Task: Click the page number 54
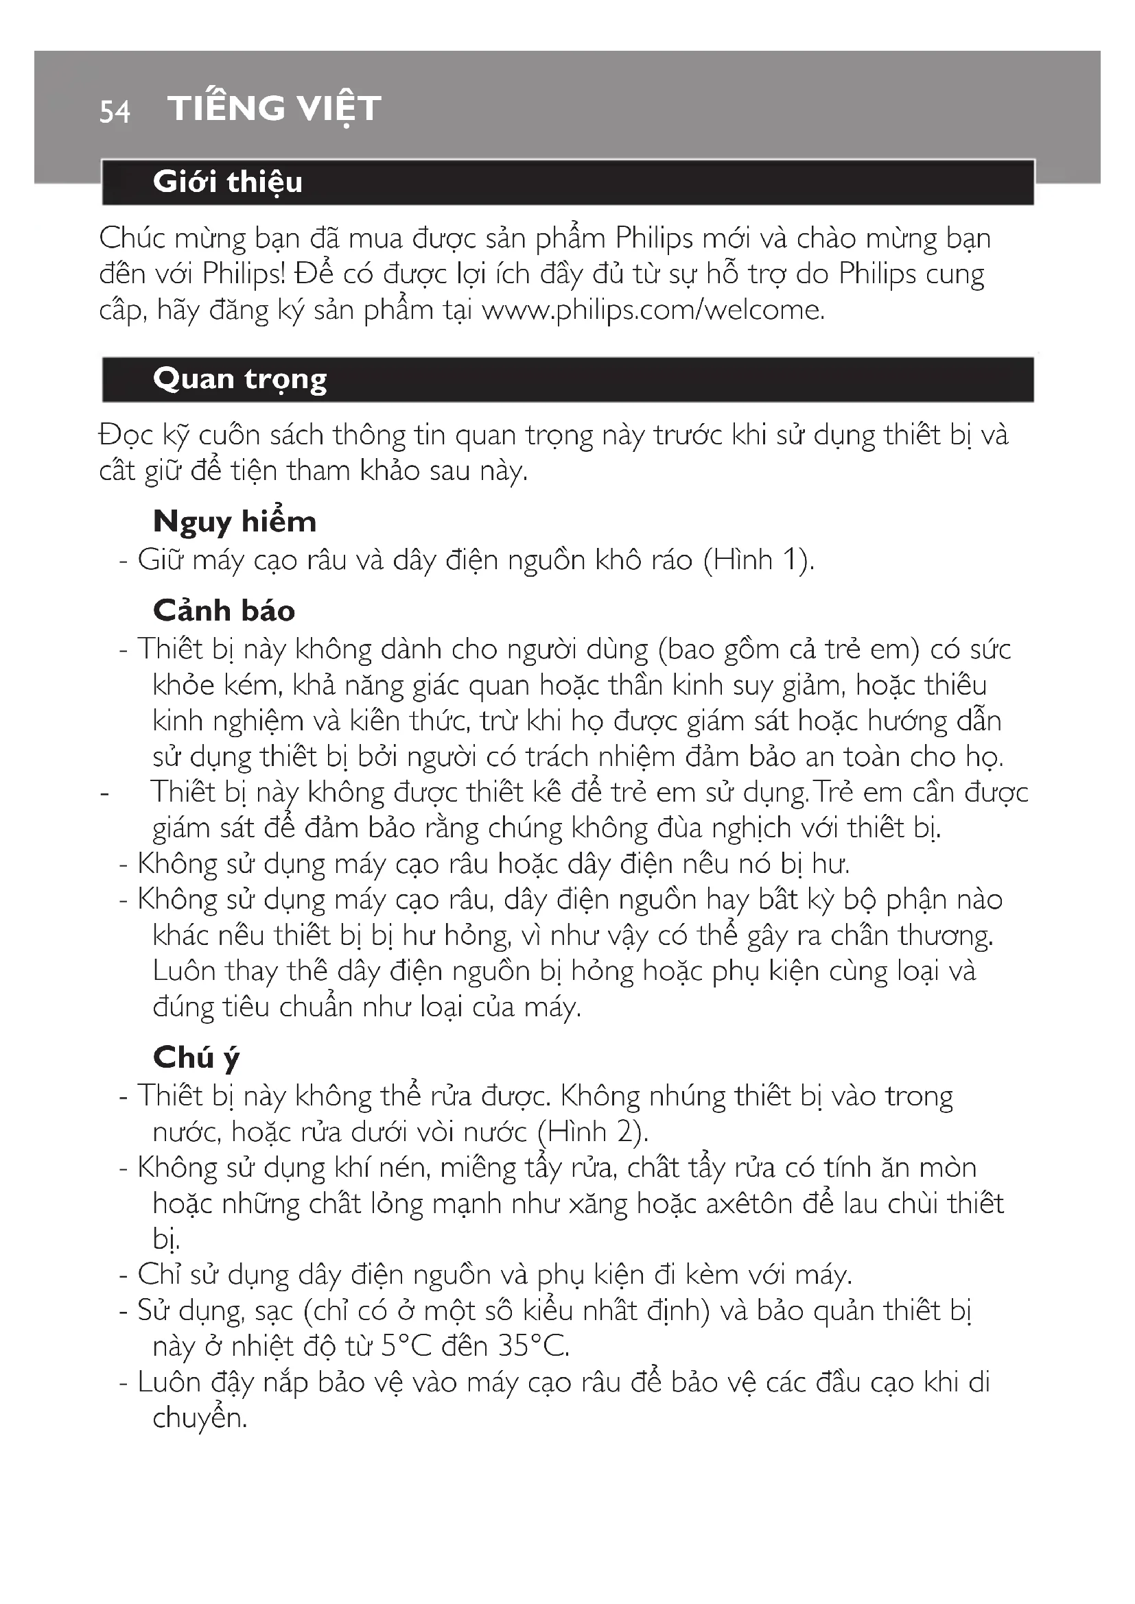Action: pos(115,112)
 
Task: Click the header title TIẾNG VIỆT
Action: pos(274,108)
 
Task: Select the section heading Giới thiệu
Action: pos(228,182)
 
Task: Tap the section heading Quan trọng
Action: pos(239,379)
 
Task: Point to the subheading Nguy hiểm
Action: pos(235,522)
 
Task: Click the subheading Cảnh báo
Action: pos(224,610)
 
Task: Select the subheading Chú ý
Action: pos(196,1057)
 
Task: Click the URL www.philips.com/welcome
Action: pos(653,309)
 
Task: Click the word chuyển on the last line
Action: pos(199,1418)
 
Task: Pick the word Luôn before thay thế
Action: pos(183,971)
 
